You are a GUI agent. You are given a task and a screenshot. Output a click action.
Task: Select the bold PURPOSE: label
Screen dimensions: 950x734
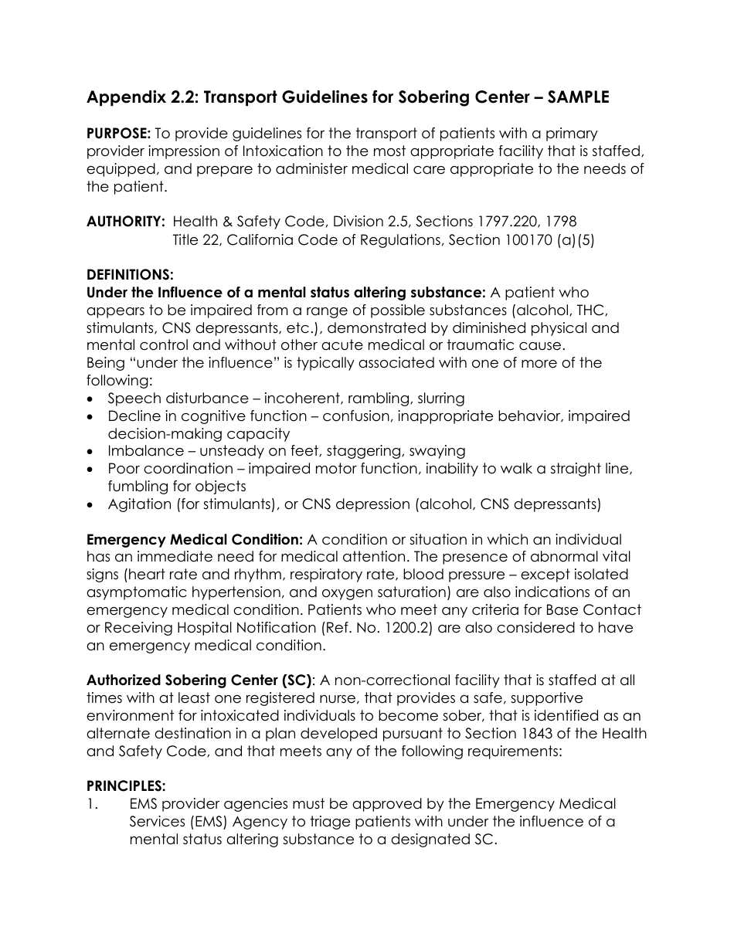click(x=118, y=134)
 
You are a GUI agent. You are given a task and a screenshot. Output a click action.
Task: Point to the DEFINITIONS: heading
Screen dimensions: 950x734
click(x=130, y=275)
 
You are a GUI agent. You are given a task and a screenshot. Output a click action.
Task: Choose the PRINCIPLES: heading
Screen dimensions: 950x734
click(x=126, y=786)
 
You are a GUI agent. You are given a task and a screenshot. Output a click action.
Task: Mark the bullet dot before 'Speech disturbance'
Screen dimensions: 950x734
click(x=93, y=399)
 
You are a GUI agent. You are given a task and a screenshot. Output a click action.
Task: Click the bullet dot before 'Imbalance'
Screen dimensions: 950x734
click(x=93, y=452)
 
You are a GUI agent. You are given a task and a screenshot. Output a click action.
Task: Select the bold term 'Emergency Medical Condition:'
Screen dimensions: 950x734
click(x=194, y=539)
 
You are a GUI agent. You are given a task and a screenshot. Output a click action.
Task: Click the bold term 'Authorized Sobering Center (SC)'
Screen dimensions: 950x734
click(x=199, y=680)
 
